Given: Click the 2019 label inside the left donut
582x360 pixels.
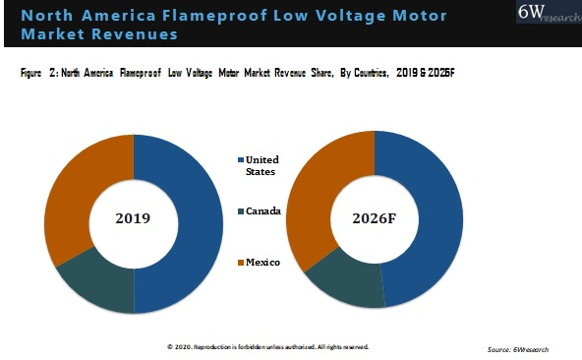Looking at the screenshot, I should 133,217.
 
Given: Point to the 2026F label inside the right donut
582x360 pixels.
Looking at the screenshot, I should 374,217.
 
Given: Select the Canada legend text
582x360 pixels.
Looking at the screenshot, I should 263,211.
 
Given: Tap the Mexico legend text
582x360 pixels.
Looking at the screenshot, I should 262,262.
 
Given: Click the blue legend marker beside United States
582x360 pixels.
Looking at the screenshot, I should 239,159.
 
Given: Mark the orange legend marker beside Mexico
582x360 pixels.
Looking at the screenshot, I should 239,262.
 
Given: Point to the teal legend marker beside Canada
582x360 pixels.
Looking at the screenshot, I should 239,211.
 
